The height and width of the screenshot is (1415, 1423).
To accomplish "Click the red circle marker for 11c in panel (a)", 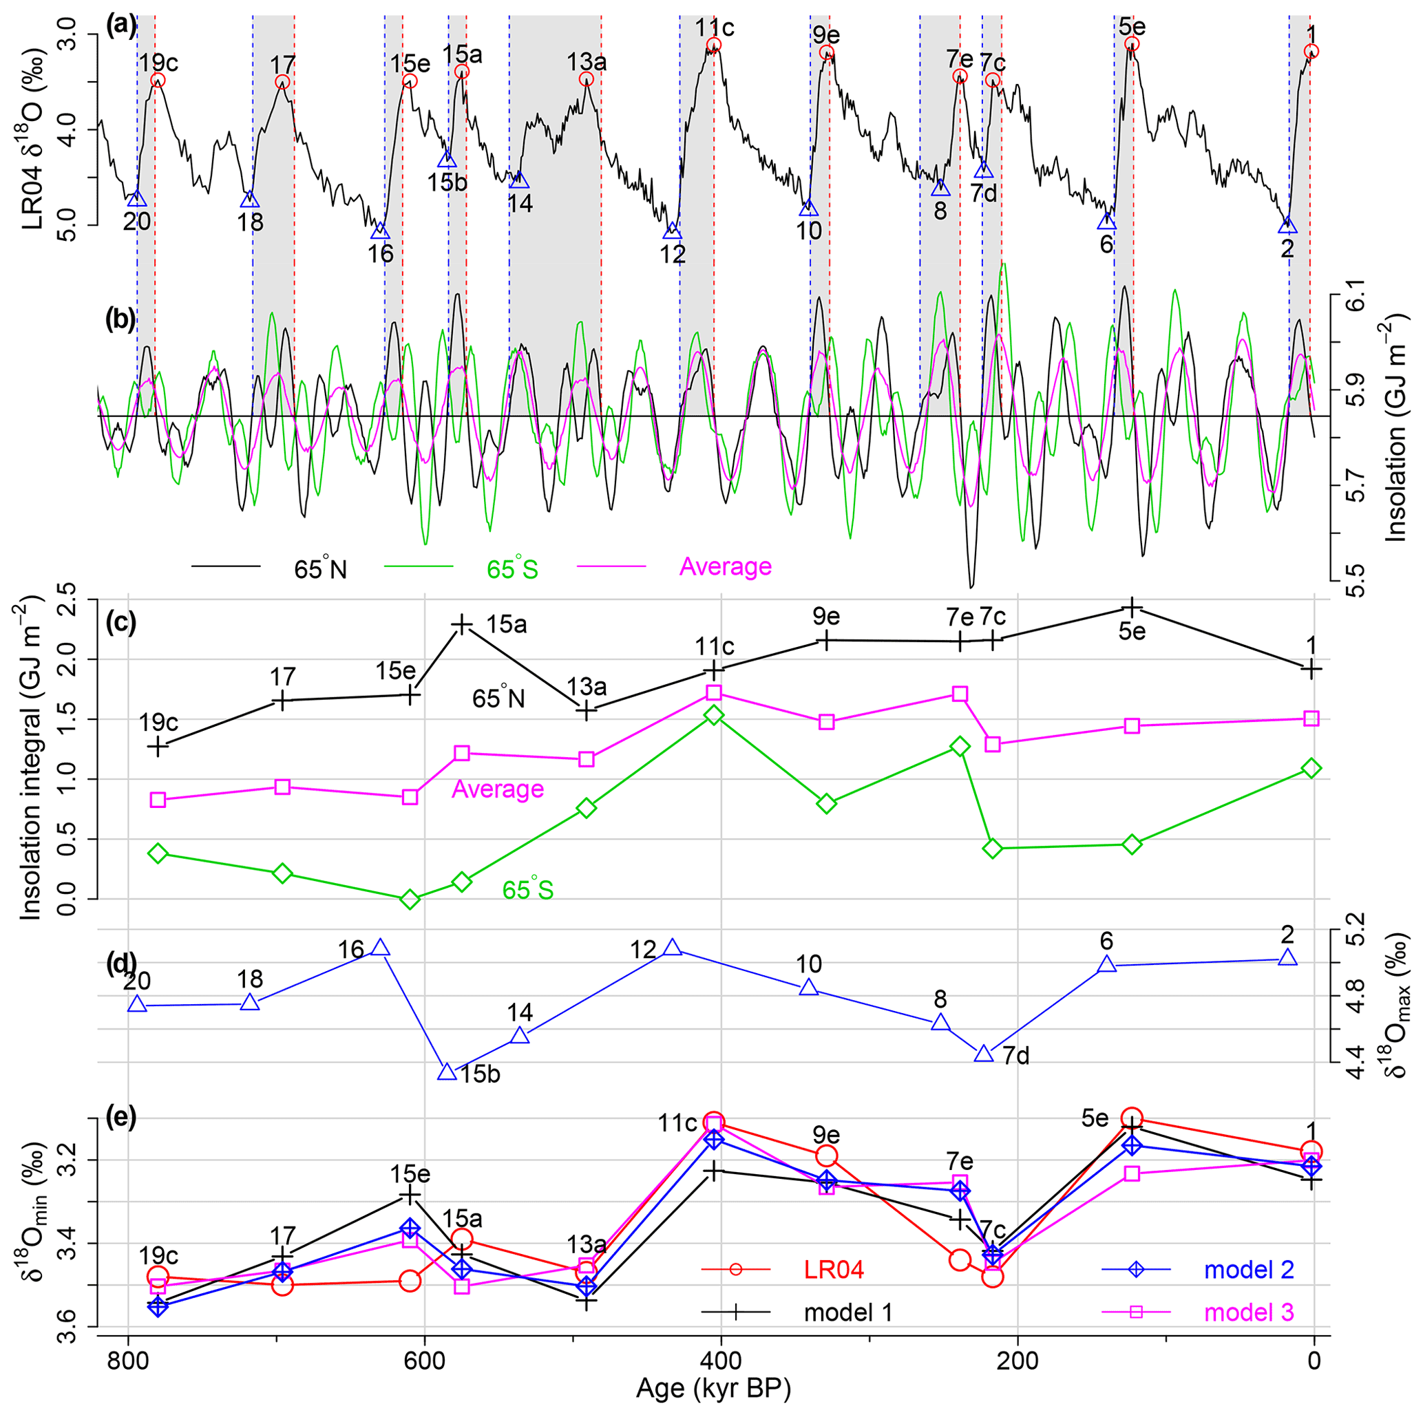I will (x=713, y=45).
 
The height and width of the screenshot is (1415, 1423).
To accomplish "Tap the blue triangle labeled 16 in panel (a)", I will (x=380, y=231).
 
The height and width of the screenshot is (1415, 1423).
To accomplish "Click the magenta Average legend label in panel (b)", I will (x=726, y=566).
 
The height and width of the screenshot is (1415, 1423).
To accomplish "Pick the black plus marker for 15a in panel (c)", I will (x=462, y=624).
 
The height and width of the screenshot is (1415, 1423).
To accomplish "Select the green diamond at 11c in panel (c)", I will (x=714, y=715).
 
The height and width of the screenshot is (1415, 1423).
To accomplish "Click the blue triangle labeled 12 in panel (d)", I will (x=672, y=948).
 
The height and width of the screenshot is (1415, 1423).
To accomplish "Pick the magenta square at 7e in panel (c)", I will (x=960, y=694).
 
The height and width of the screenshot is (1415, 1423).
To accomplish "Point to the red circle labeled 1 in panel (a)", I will (x=1311, y=52).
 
